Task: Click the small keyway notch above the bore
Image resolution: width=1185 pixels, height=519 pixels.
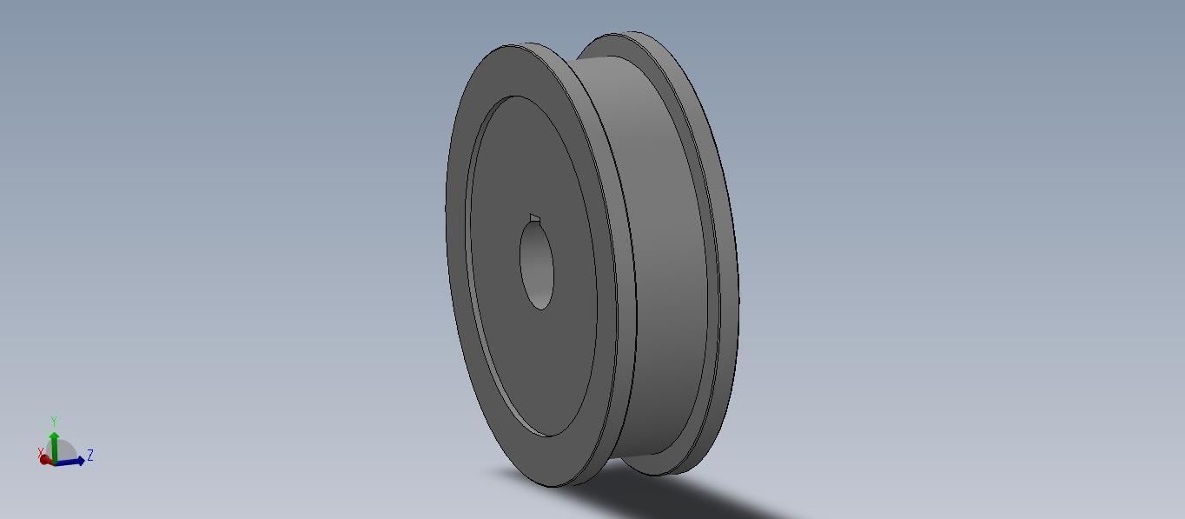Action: coord(534,218)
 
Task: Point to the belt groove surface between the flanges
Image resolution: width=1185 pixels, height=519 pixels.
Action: coord(660,261)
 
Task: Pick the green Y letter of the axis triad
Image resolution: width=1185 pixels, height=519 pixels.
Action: coord(54,422)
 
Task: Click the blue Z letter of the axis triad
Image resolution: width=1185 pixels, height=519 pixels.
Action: coord(90,456)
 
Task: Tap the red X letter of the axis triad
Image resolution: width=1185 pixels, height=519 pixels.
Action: coord(41,452)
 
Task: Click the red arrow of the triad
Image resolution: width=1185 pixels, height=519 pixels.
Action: coord(45,460)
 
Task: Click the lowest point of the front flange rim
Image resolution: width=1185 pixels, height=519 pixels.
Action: coord(556,486)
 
